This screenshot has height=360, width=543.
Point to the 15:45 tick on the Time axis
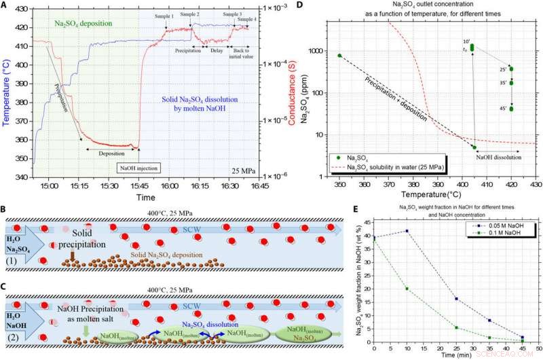click(139, 184)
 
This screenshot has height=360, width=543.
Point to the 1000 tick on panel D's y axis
click(322, 51)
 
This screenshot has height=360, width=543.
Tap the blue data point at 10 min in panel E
click(407, 231)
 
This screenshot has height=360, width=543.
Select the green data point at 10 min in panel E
click(407, 289)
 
